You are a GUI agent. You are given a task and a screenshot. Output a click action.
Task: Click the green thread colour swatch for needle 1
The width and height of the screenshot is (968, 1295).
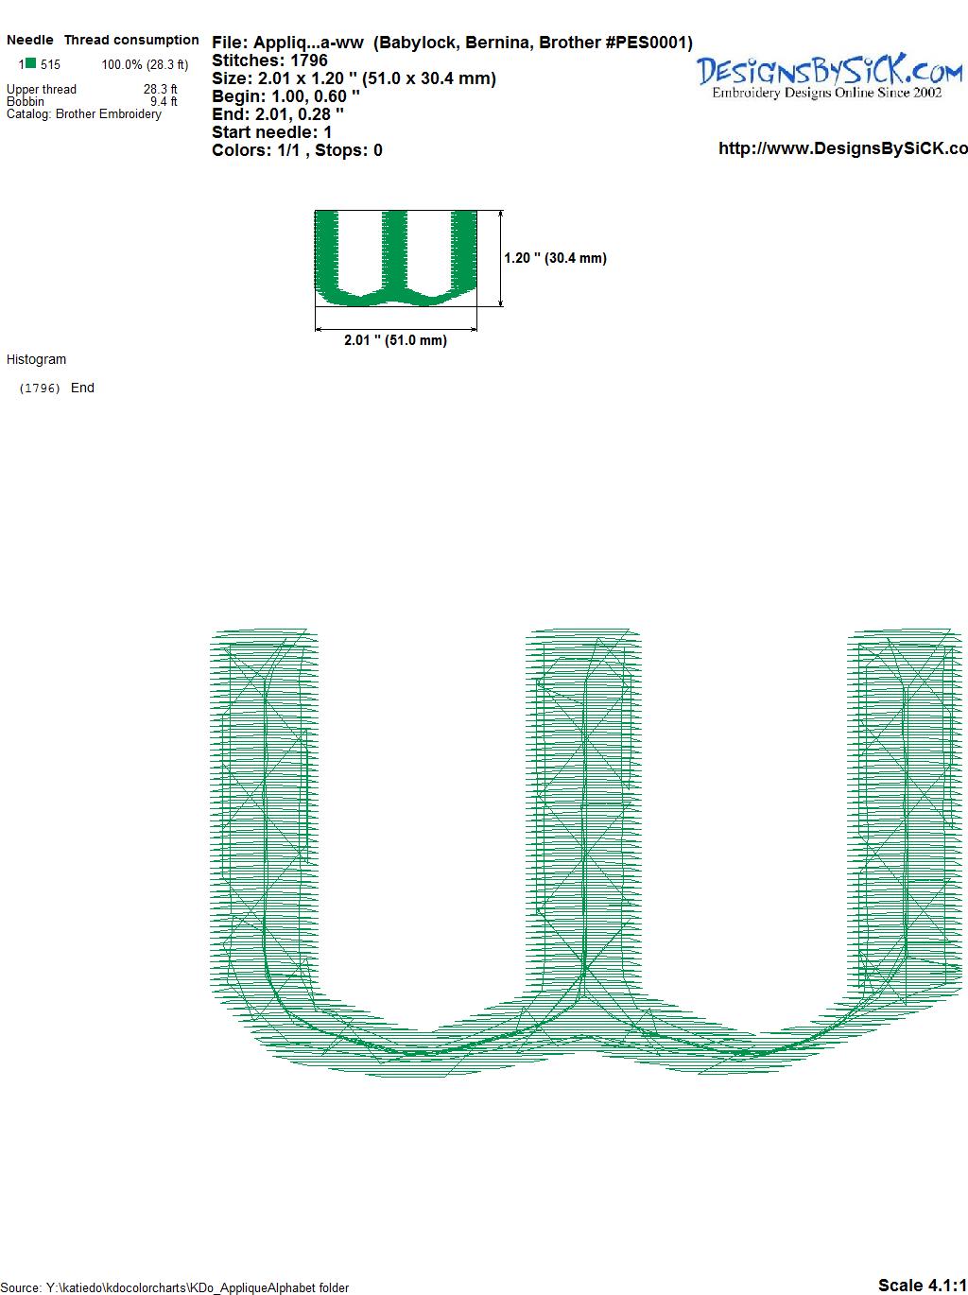(x=30, y=63)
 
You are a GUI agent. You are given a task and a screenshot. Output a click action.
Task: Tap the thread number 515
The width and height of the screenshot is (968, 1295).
(x=51, y=65)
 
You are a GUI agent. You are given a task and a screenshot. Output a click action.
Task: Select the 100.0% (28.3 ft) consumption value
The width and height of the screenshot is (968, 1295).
(x=146, y=65)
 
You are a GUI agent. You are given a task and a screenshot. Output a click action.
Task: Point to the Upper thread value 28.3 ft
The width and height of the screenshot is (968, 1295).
(x=160, y=89)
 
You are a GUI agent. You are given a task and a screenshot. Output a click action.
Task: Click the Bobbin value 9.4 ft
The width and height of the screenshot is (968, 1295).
(x=164, y=101)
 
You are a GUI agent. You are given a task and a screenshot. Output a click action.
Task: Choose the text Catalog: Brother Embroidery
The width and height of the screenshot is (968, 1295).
(x=84, y=113)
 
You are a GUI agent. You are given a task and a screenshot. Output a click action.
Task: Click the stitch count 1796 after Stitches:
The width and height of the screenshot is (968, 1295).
(x=308, y=60)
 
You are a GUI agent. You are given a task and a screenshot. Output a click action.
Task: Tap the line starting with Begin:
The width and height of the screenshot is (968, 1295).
(x=285, y=96)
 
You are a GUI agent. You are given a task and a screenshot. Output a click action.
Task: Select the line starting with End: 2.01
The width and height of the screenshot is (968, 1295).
(x=278, y=113)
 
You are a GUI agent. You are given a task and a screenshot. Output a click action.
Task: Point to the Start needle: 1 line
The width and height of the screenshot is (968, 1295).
(x=272, y=132)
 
